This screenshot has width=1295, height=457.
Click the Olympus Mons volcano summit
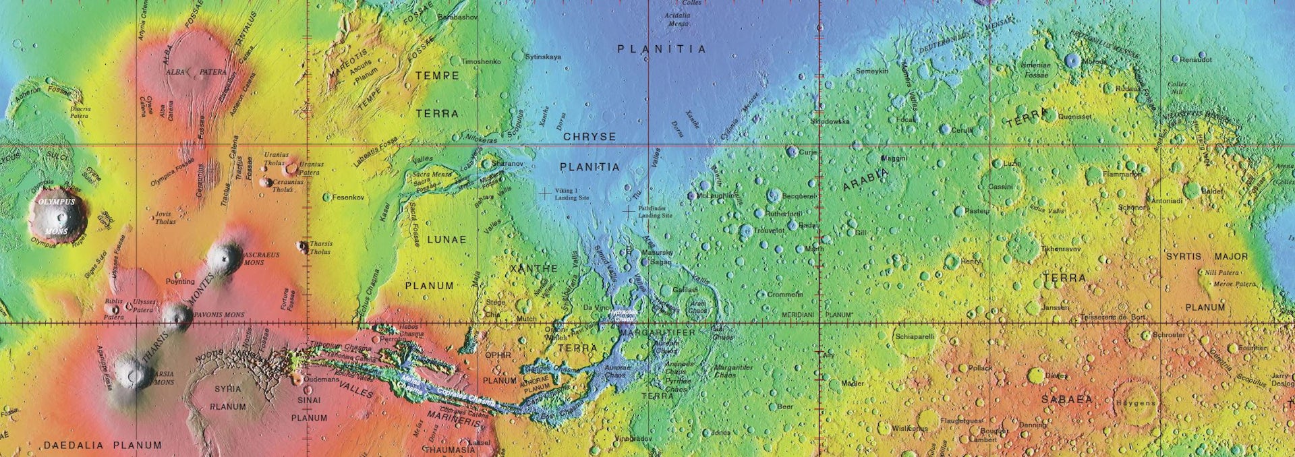pyautogui.click(x=59, y=217)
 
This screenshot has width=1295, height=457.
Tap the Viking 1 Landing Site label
pyautogui.click(x=571, y=194)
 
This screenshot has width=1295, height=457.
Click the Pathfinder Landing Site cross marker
pyautogui.click(x=629, y=211)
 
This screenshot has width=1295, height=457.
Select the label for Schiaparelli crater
pyautogui.click(x=915, y=336)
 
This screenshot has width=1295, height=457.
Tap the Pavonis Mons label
pyautogui.click(x=219, y=315)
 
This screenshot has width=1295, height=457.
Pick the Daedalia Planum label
pyautogui.click(x=103, y=445)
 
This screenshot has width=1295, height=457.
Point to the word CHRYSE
pyautogui.click(x=589, y=137)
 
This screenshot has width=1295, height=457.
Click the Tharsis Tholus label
pyautogui.click(x=320, y=247)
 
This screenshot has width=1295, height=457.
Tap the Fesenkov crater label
pyautogui.click(x=348, y=197)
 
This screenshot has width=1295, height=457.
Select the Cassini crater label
pyautogui.click(x=1000, y=187)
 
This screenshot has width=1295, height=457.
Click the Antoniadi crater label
pyautogui.click(x=1166, y=201)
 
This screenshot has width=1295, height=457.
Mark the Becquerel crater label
pyautogui.click(x=799, y=196)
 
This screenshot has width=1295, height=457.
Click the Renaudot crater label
pyautogui.click(x=1195, y=60)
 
